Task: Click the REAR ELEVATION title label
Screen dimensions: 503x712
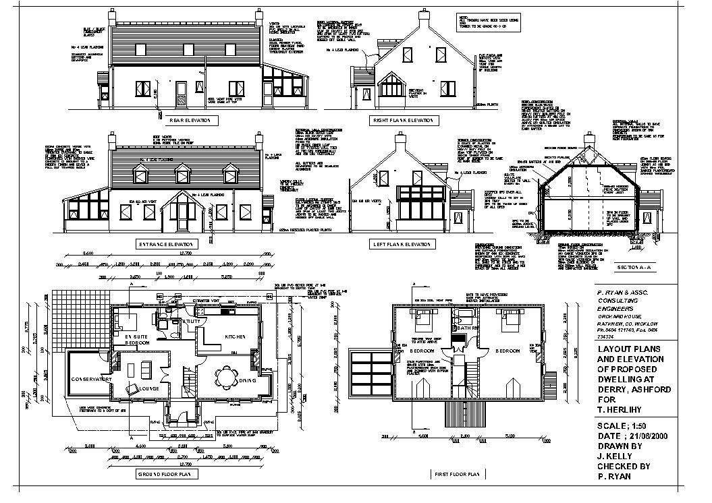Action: coord(190,121)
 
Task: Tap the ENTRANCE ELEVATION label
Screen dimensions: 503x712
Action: coord(165,244)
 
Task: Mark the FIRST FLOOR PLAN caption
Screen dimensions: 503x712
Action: coord(458,474)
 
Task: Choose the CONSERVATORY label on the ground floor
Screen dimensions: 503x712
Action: coord(91,380)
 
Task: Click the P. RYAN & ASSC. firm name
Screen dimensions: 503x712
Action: coord(623,293)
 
